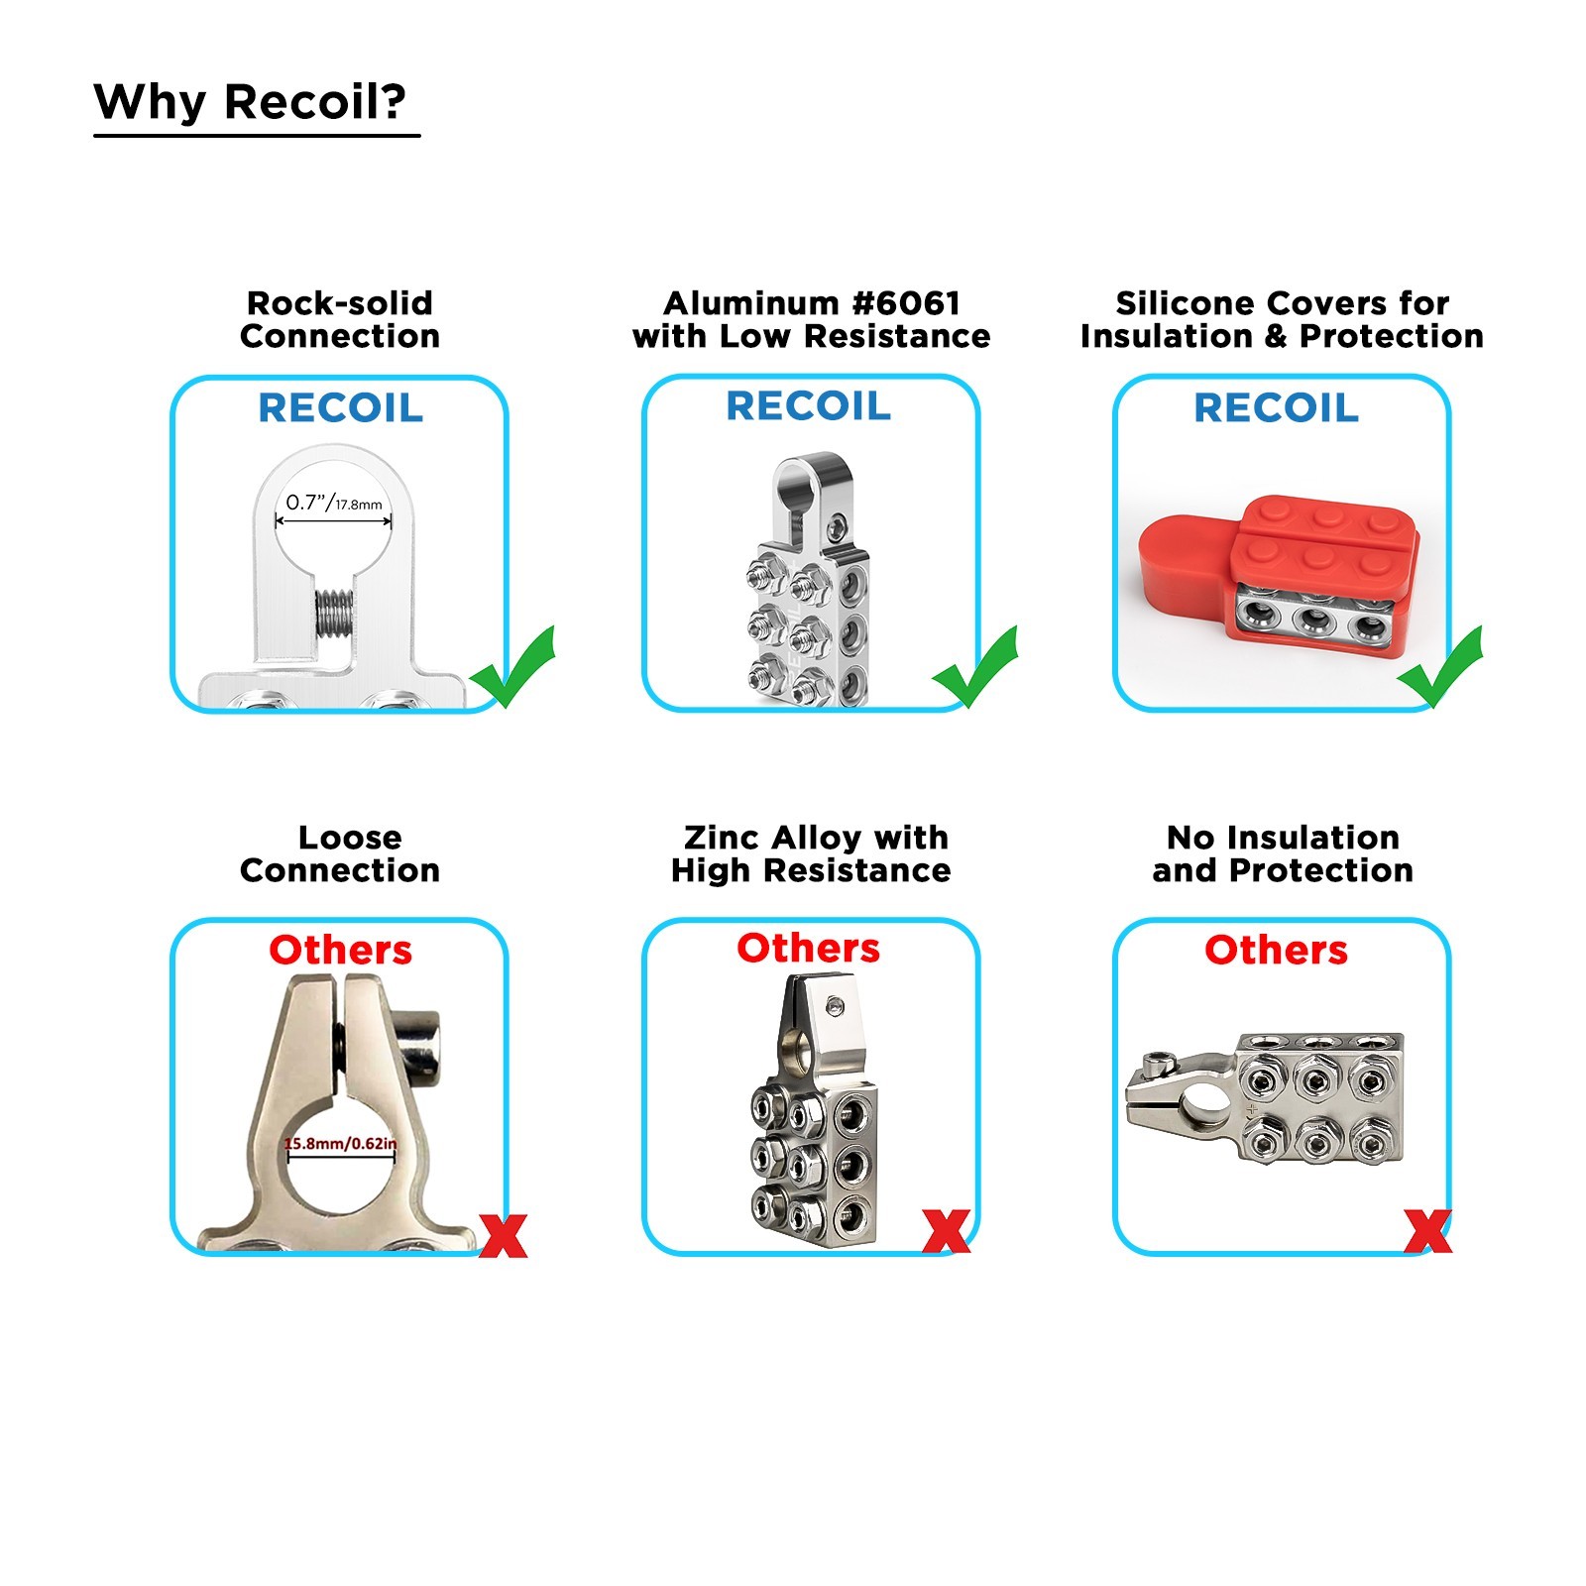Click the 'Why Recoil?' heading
pos(250,102)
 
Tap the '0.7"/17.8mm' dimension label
pos(334,504)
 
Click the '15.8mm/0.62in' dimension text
pos(340,1143)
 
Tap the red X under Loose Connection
pos(504,1235)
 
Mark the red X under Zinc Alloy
pos(946,1231)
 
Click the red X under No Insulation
pos(1428,1231)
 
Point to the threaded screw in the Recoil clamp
pos(334,614)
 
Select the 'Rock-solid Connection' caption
pos(340,319)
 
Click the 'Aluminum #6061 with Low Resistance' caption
pos(811,319)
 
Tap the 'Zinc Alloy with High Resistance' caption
pos(811,853)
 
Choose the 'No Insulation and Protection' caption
pos(1283,853)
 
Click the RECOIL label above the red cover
pos(1276,407)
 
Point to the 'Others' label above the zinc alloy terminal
pos(808,949)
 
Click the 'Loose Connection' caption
pos(340,853)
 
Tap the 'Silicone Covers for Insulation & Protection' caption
pos(1282,319)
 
